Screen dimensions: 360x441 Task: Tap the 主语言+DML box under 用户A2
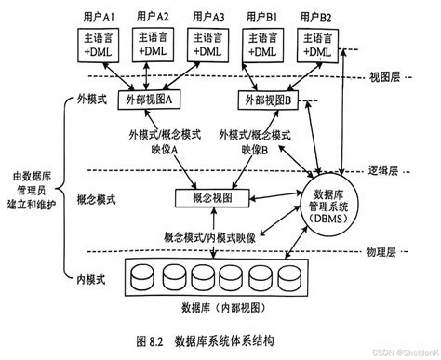pyautogui.click(x=154, y=47)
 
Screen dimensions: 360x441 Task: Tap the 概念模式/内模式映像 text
pyautogui.click(x=207, y=236)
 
